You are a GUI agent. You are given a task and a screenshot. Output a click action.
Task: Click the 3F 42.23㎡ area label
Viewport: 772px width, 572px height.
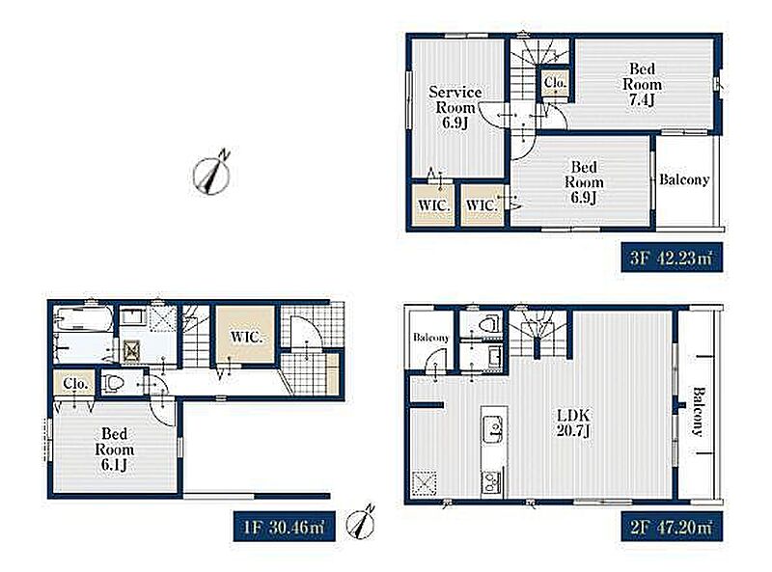tap(672, 257)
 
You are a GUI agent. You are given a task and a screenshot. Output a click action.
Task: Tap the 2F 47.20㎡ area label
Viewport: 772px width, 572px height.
tap(672, 528)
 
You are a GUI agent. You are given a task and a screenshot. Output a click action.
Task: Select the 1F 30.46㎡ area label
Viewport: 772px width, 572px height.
tap(284, 528)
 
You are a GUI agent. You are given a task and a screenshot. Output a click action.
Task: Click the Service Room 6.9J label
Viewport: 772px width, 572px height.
tap(455, 107)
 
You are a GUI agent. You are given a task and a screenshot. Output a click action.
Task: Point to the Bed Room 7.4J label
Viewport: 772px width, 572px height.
tap(642, 84)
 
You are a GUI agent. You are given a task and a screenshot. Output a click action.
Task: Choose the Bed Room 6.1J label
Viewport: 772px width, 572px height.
tap(114, 449)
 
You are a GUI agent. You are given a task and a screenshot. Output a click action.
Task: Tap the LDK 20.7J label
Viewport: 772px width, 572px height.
tap(573, 422)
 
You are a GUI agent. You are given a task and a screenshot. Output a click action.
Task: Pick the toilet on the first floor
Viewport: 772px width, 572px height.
tap(113, 383)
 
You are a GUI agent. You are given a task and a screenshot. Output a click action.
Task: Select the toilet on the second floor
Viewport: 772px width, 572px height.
tap(489, 324)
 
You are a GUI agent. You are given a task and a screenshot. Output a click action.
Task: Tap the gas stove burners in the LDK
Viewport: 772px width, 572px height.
tap(492, 481)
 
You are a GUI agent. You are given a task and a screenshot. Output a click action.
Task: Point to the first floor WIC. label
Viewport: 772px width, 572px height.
tap(246, 338)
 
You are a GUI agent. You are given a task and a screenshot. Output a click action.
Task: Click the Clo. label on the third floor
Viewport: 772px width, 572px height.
tap(556, 83)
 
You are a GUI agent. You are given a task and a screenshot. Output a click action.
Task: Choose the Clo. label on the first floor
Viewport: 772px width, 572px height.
tap(75, 383)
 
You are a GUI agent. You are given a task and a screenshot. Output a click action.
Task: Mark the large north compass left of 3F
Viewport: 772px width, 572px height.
tap(212, 173)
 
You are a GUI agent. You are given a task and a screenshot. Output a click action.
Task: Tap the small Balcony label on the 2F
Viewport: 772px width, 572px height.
tap(430, 338)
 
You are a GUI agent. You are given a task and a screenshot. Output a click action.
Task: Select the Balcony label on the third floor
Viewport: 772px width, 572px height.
tap(684, 179)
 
